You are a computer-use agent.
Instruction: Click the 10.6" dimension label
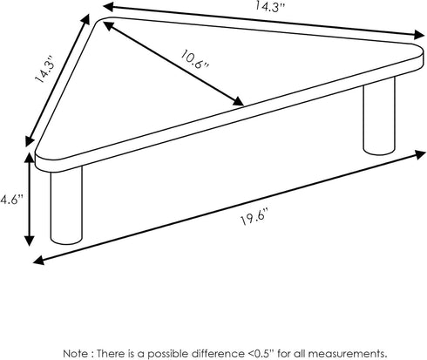coord(194,59)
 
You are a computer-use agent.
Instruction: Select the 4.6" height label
coord(11,200)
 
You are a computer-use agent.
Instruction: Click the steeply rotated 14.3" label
coord(44,69)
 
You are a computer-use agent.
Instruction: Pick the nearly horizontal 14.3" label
coord(269,6)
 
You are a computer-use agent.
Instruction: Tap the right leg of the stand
coord(379,116)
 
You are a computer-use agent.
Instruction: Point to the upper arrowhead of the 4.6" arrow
coord(29,158)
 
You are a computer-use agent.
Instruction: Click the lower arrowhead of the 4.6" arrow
coord(29,241)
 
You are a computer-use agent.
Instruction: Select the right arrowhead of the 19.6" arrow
coord(420,154)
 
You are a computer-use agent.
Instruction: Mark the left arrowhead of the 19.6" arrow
coord(39,260)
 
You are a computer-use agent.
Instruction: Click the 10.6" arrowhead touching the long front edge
coord(238,101)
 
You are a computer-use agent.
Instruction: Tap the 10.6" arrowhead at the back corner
coord(109,25)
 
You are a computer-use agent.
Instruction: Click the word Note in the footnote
coord(75,354)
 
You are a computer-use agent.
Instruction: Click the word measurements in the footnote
coord(347,354)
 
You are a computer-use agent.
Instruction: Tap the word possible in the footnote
coord(168,354)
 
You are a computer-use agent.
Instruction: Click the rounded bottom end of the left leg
coord(66,241)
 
